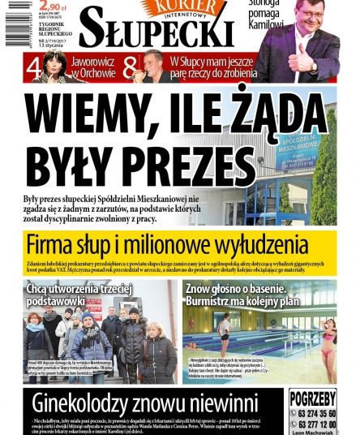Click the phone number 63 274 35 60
point(317,412)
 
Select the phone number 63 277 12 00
point(317,424)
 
